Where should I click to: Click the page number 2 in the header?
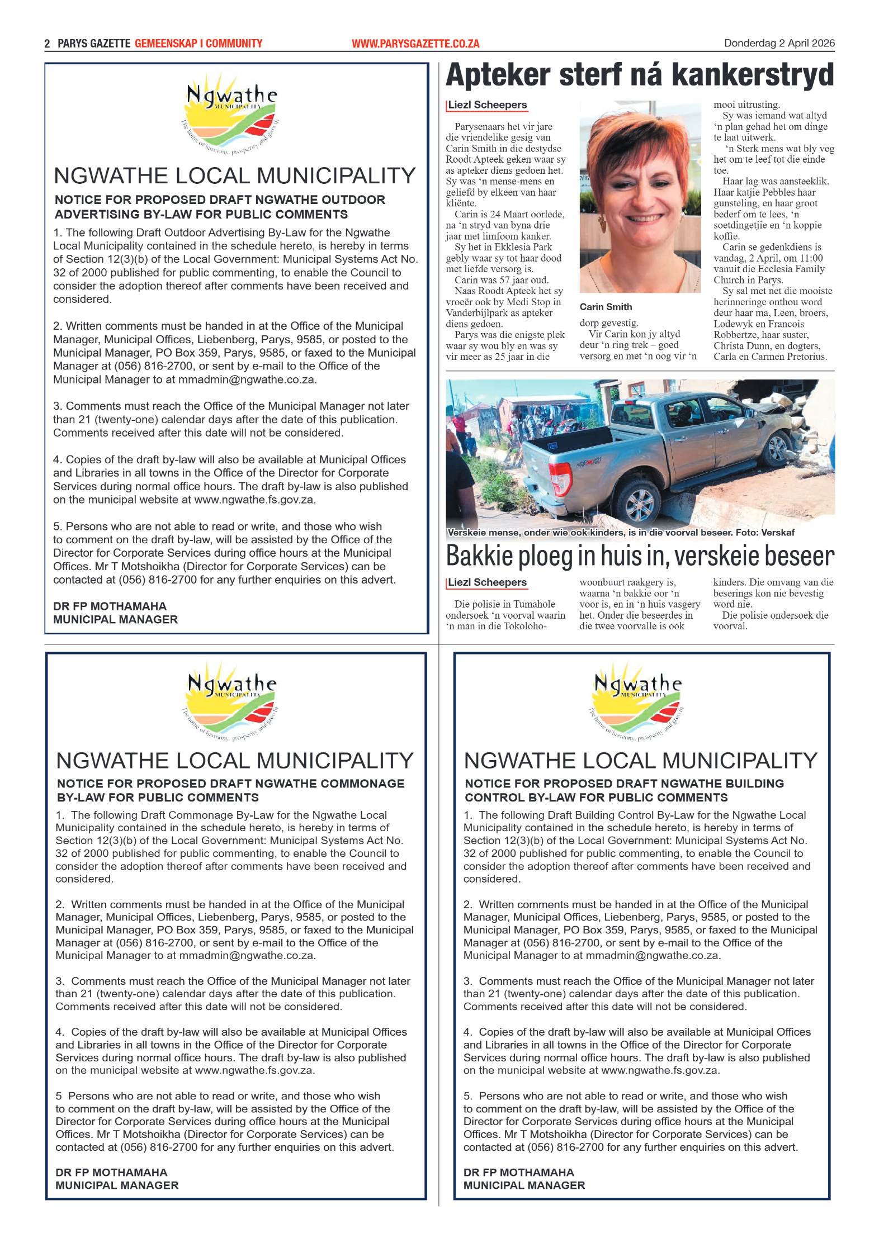tap(47, 44)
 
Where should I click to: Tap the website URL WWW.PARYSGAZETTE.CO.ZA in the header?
tap(415, 44)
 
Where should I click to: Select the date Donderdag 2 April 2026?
tap(778, 43)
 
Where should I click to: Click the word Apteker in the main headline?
tap(498, 75)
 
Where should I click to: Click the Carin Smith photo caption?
tap(606, 307)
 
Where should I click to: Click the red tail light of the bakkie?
tap(560, 478)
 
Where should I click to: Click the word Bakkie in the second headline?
tap(479, 556)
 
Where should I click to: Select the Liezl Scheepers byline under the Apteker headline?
tap(487, 105)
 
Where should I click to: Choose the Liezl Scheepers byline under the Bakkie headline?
tap(487, 582)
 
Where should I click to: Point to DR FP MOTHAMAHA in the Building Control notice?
tap(518, 1172)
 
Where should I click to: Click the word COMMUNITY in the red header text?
tap(234, 44)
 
